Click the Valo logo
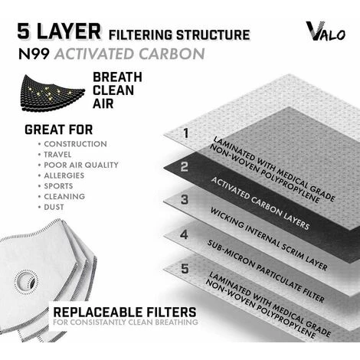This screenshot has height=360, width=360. [x=326, y=31]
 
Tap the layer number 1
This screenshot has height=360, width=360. [x=186, y=133]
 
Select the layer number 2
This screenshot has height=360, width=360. [x=185, y=166]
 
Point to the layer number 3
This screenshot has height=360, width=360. [x=185, y=199]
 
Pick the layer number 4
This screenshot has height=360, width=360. [x=184, y=234]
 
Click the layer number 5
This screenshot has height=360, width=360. [x=185, y=269]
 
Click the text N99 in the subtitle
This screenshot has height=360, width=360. [x=34, y=54]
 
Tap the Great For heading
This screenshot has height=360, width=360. [x=59, y=129]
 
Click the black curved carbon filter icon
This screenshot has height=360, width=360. [x=52, y=93]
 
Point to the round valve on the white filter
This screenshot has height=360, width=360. [x=26, y=282]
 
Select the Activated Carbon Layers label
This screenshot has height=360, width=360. [x=260, y=203]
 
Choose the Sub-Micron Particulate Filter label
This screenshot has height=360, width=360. [x=266, y=271]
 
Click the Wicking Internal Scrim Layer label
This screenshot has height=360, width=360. [x=269, y=239]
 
